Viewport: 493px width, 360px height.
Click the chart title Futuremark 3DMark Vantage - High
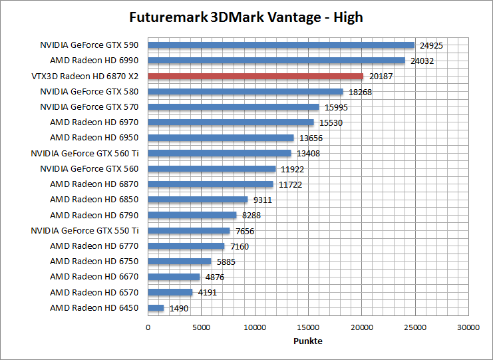(x=246, y=17)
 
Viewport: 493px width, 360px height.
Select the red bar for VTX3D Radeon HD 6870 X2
(x=255, y=76)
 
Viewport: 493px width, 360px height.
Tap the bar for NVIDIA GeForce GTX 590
(x=281, y=45)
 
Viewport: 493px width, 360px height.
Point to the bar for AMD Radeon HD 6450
(x=156, y=308)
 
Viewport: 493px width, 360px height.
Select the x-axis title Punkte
(x=308, y=341)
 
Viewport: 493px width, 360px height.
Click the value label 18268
(x=360, y=92)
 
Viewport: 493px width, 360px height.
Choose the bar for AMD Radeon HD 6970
(x=231, y=122)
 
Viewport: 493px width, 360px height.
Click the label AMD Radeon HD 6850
(x=94, y=200)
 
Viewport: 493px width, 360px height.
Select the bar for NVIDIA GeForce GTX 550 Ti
(x=189, y=231)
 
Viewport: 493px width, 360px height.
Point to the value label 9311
(x=262, y=200)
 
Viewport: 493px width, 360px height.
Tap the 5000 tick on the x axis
(x=201, y=327)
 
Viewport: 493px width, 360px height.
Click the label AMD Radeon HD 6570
(x=94, y=292)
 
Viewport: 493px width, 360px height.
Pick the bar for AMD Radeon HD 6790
(x=192, y=215)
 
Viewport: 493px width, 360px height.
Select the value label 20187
(x=381, y=77)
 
